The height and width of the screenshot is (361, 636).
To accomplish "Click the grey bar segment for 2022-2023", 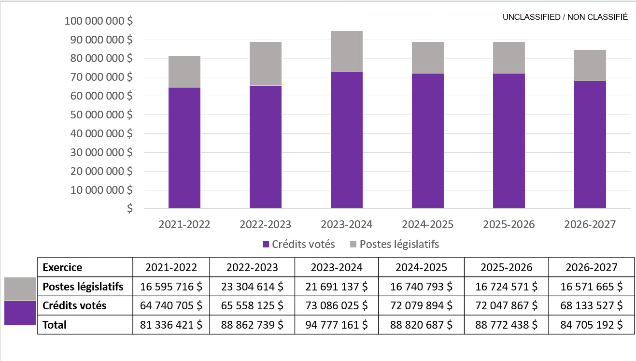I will (266, 64).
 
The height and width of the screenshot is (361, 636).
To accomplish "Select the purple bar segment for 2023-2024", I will (347, 140).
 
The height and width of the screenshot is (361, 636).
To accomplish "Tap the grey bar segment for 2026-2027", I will (590, 65).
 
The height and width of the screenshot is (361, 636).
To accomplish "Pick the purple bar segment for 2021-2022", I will (184, 148).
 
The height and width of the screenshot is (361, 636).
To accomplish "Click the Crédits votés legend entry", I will (298, 244).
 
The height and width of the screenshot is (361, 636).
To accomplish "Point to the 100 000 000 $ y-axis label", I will (99, 21).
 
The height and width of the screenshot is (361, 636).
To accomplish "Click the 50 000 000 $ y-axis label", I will (99, 115).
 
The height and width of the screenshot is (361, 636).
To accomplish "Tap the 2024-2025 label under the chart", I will (427, 225).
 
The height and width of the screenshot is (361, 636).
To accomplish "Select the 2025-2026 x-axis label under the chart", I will (509, 225).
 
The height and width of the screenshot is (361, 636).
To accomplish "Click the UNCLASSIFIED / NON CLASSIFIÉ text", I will (565, 17).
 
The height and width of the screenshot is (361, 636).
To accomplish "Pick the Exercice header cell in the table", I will (63, 267).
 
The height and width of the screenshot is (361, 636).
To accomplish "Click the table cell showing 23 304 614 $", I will (252, 287).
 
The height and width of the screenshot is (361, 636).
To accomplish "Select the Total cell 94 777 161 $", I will (337, 325).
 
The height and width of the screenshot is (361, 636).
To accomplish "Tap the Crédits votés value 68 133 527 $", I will (591, 306).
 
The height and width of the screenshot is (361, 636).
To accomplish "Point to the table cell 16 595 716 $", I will (171, 287).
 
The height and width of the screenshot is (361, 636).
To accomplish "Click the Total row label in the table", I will (55, 325).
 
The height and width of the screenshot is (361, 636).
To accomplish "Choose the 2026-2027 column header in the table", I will (591, 267).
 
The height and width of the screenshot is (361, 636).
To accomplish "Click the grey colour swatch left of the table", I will (20, 289).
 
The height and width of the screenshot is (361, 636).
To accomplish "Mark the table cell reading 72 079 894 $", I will (421, 306).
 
